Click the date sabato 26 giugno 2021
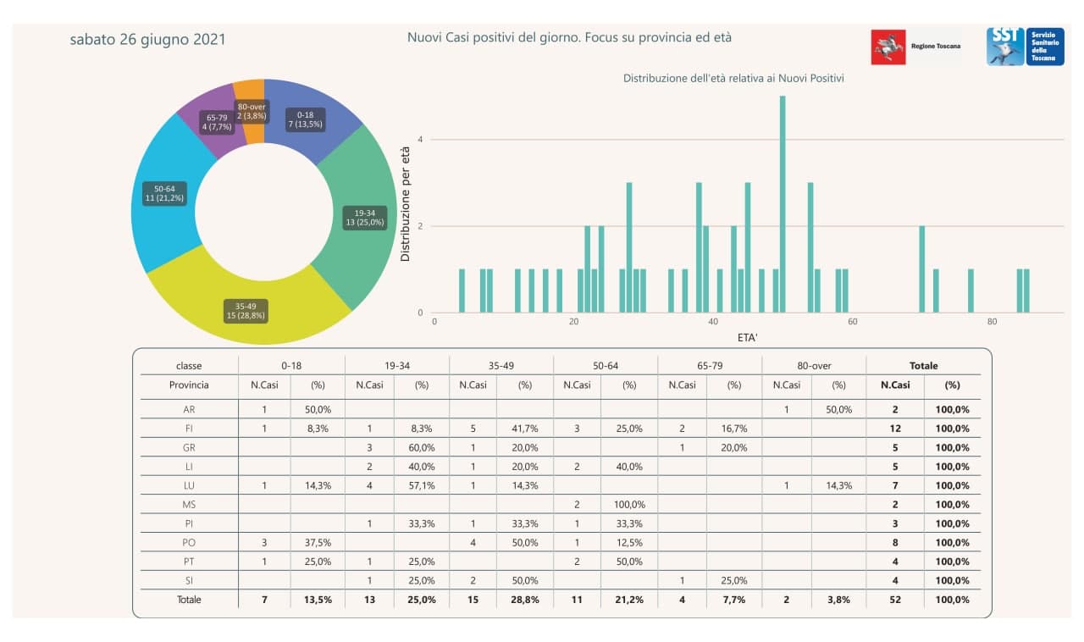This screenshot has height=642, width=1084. (147, 39)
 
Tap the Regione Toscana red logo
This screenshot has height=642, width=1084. (888, 47)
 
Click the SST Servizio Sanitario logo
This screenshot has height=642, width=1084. (1025, 46)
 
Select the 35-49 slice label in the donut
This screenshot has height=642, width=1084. (246, 310)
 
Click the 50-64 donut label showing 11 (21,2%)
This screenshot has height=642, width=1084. (164, 193)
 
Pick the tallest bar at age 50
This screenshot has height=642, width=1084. (783, 203)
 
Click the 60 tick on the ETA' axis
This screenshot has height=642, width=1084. (853, 322)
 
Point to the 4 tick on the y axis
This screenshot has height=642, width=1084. (420, 140)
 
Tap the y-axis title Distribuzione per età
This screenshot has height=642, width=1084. (406, 204)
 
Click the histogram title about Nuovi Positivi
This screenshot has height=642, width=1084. (733, 78)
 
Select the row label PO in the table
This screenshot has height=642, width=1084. (189, 542)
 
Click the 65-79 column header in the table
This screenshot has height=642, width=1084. (710, 366)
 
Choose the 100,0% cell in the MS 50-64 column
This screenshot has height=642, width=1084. (629, 504)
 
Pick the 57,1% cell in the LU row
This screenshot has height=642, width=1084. (422, 485)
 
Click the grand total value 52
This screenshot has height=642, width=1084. (895, 600)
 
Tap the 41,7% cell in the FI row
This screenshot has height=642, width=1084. (525, 429)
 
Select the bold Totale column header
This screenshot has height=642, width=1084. (923, 366)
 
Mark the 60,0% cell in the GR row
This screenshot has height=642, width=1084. (422, 447)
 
